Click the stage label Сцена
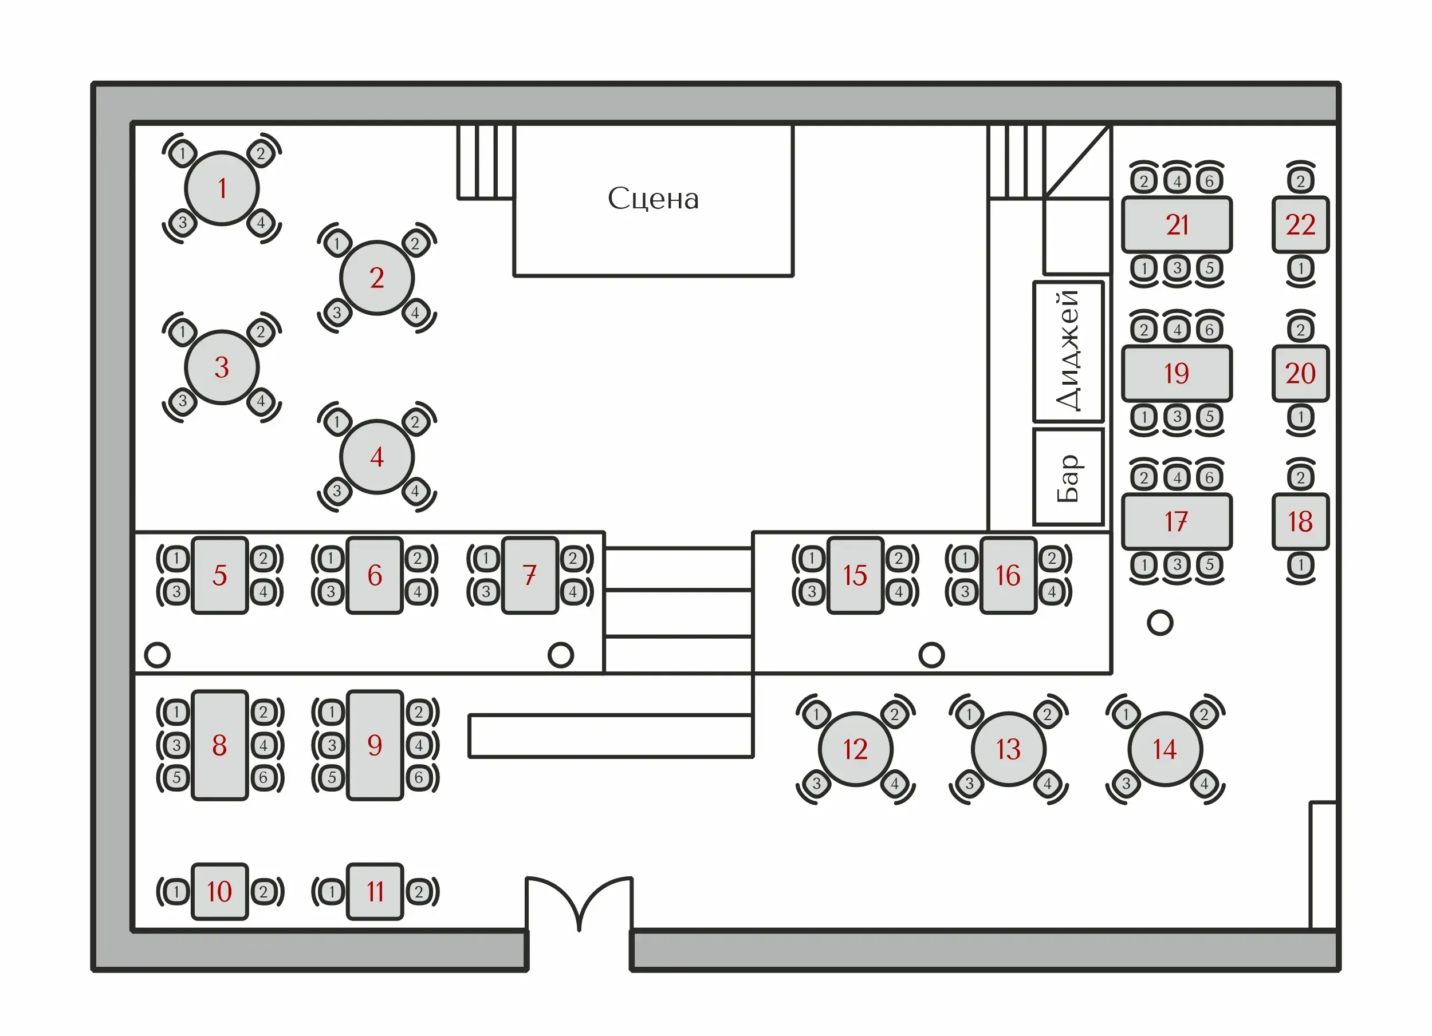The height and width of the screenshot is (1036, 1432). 653,199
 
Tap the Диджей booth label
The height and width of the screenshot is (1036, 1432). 1068,351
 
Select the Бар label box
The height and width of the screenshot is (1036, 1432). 1068,477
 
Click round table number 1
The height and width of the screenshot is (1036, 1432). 222,188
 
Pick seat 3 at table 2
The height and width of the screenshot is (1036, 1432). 337,313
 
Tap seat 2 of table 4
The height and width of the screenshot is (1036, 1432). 415,421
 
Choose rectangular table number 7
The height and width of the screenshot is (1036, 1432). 530,575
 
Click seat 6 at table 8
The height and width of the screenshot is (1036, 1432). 263,777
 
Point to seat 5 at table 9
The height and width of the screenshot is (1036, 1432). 332,777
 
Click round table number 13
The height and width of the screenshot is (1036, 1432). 1008,749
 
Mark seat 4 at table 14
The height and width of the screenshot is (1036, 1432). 1204,784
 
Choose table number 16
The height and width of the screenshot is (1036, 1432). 1008,575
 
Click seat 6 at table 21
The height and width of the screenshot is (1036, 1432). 1209,181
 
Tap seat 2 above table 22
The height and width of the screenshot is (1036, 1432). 1300,181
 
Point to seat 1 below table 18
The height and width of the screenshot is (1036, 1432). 1300,565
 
